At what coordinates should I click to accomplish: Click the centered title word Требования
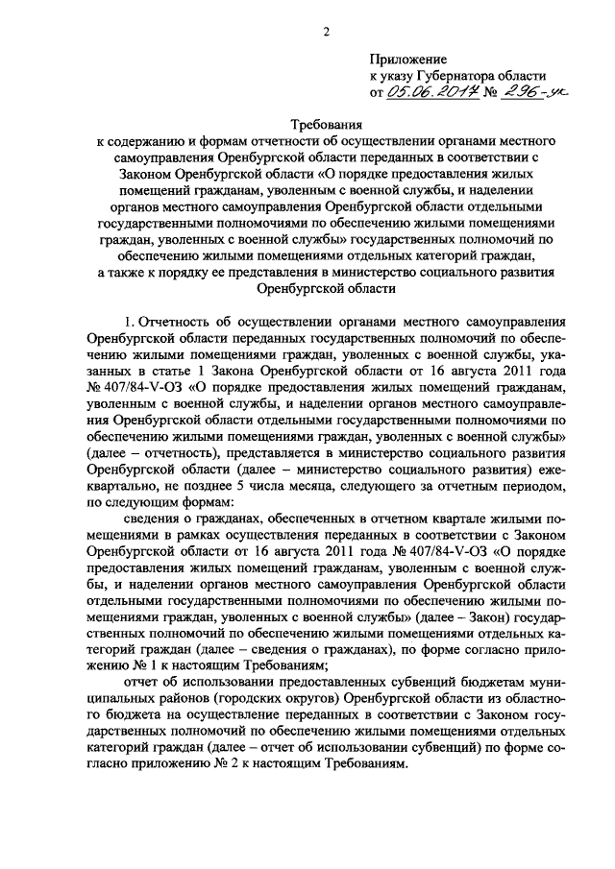pos(326,125)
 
